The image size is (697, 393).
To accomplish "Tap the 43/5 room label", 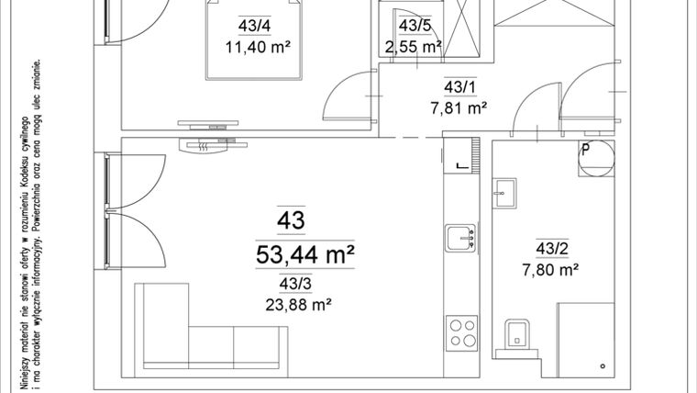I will [x=415, y=26].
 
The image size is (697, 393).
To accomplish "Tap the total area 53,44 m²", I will [x=305, y=254].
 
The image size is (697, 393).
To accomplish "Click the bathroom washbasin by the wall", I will [x=502, y=191].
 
